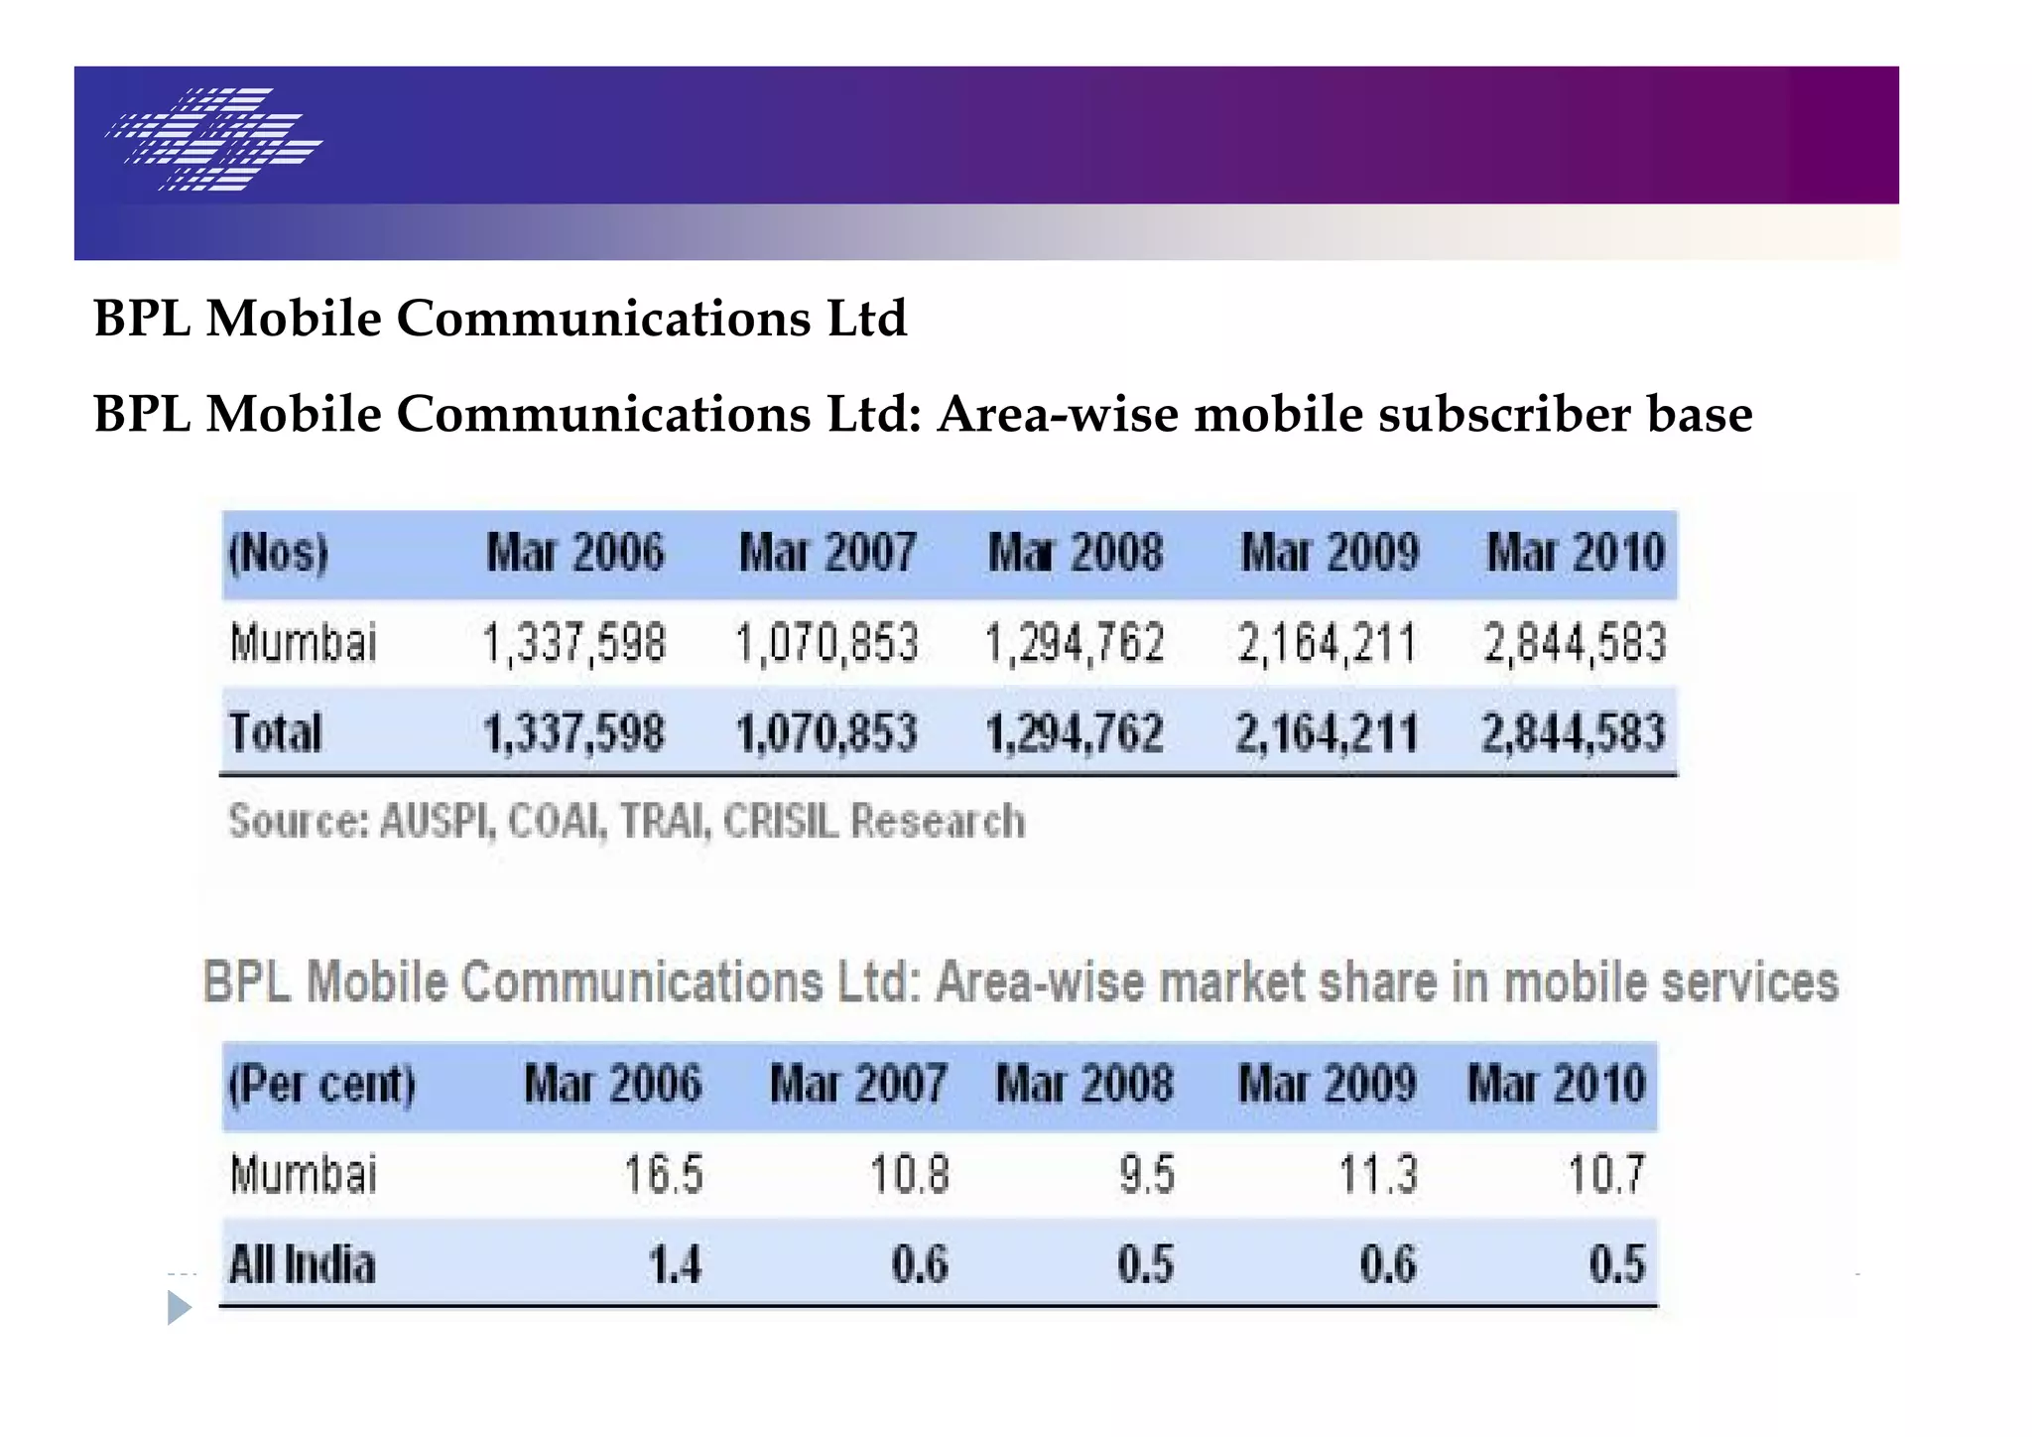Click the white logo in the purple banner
coord(214,139)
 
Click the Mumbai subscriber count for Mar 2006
coord(573,643)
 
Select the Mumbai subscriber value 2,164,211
coord(1327,643)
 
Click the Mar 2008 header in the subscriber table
coord(1076,553)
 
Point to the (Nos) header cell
coord(279,553)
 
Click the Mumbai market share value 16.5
coord(663,1175)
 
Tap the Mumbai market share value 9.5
coord(1147,1175)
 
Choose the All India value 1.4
coord(675,1265)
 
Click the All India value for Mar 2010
coord(1617,1265)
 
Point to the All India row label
coord(303,1265)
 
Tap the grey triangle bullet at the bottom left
coord(179,1308)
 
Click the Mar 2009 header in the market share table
coord(1328,1084)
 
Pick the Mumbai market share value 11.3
coord(1379,1175)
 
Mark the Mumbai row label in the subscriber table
coord(304,643)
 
